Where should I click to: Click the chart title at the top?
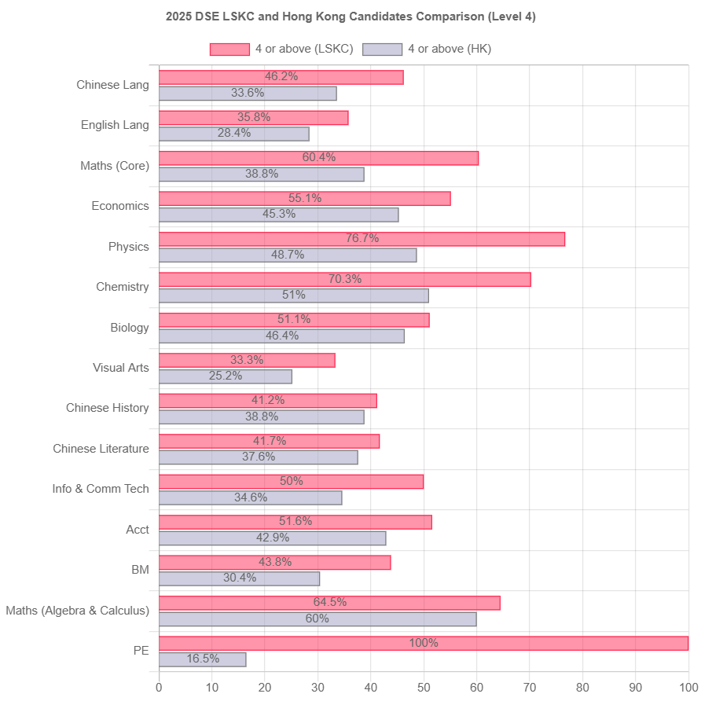(x=350, y=17)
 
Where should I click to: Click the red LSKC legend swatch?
(x=229, y=50)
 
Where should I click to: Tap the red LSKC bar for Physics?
(x=362, y=239)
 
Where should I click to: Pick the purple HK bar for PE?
(x=203, y=659)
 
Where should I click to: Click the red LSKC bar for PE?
(x=424, y=644)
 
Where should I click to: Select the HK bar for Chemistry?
(x=293, y=295)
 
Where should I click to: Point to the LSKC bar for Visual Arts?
(x=247, y=361)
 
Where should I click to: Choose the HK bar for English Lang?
(x=233, y=134)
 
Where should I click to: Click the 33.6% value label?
(x=248, y=93)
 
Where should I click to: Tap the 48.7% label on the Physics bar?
(x=288, y=255)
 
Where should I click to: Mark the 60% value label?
(x=317, y=618)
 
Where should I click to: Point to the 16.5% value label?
(x=203, y=659)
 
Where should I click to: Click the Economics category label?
(x=120, y=206)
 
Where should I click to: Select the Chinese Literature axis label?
(x=101, y=449)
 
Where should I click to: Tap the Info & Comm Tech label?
(x=101, y=489)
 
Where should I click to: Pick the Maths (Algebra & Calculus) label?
(x=77, y=611)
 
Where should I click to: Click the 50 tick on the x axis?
(x=424, y=688)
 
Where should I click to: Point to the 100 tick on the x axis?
(x=688, y=688)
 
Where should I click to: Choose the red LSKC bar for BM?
(x=274, y=563)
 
